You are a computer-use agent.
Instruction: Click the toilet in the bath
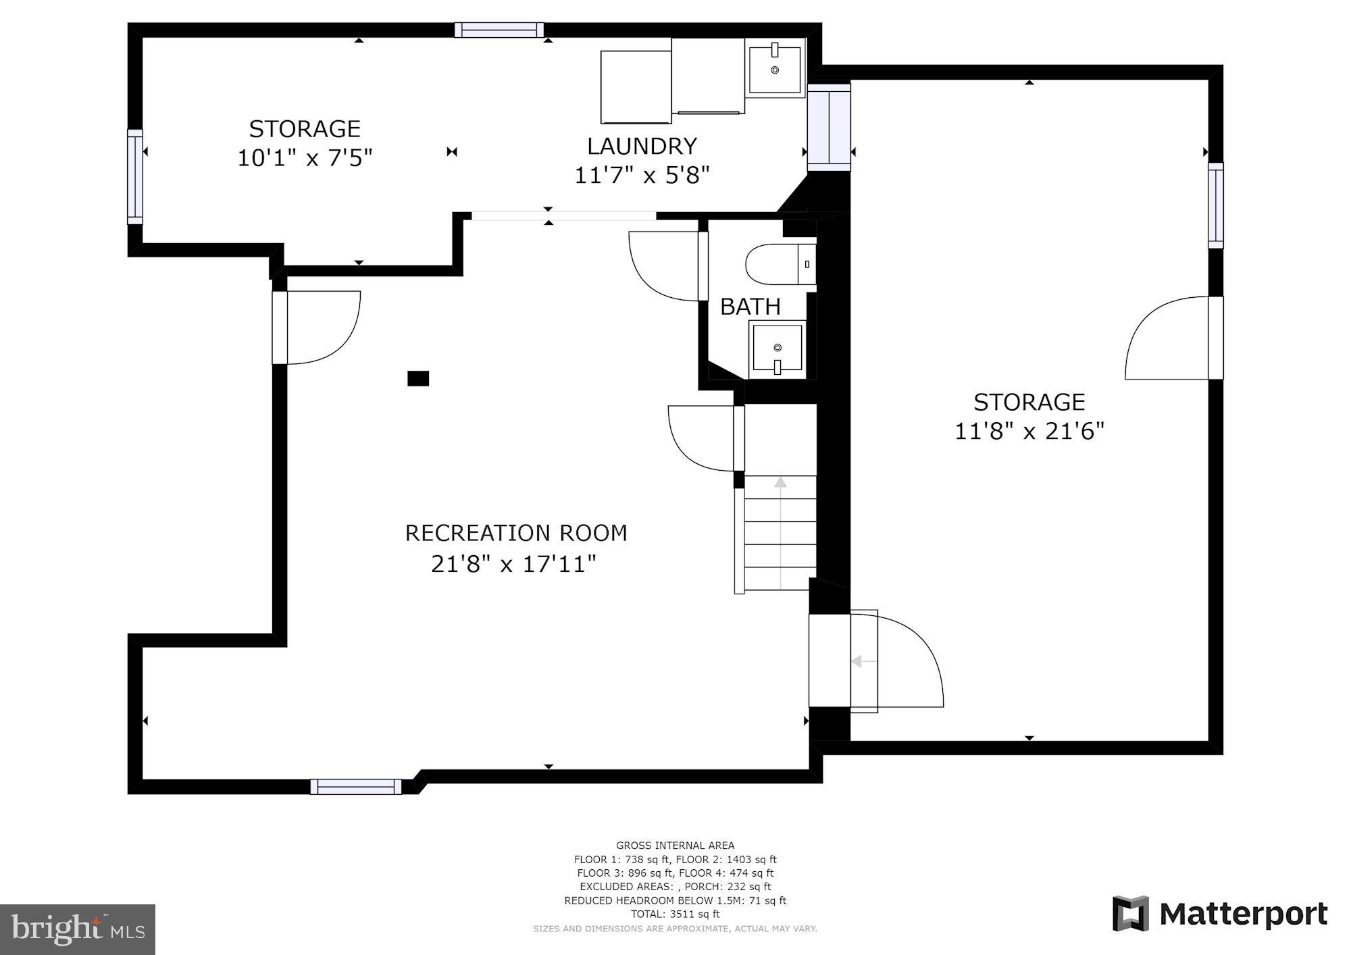click(777, 265)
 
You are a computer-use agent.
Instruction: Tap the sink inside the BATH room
click(778, 349)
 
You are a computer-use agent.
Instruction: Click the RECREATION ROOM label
click(515, 533)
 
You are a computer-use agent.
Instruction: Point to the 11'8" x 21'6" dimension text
click(1028, 431)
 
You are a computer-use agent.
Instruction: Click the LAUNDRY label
click(641, 146)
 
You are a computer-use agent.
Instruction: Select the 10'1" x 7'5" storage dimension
click(305, 158)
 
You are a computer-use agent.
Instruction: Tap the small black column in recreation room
click(418, 378)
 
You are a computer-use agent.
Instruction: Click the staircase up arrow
click(780, 484)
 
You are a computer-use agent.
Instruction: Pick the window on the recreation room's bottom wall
click(356, 786)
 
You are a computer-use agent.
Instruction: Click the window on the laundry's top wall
click(499, 30)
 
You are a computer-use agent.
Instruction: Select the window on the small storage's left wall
click(135, 176)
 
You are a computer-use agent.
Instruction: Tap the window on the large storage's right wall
click(1215, 205)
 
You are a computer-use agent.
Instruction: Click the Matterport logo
click(1220, 914)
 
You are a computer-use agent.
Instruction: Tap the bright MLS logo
click(78, 929)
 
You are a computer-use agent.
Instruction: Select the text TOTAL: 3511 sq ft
click(675, 914)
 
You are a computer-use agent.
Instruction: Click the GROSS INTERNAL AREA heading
click(675, 845)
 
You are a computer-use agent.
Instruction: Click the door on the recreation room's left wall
click(317, 328)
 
